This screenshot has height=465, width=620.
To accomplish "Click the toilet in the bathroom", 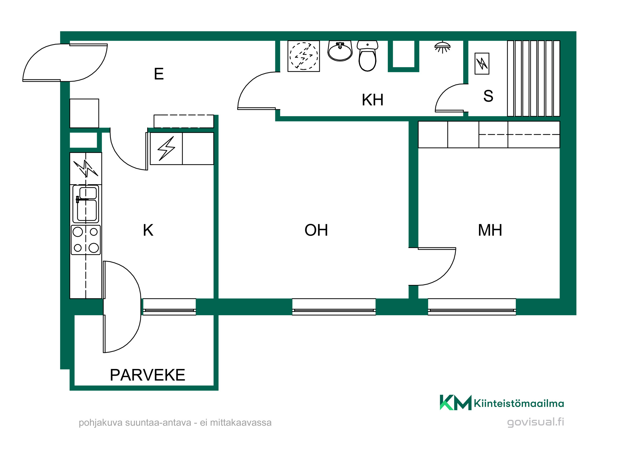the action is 367,56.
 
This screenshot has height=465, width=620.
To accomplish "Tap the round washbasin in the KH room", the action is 340,51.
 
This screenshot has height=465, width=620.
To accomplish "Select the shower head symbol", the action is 442,47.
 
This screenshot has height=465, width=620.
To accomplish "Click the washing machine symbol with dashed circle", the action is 303,56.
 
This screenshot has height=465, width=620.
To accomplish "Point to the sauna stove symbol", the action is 482,64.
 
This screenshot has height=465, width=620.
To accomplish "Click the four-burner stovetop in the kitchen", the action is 86,240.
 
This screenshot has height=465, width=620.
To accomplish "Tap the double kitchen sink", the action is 86,204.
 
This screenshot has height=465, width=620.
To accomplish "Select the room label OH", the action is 316,230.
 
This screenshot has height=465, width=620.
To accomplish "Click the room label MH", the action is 490,230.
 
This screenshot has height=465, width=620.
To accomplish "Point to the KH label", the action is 373,100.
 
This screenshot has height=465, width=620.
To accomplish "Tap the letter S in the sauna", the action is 488,96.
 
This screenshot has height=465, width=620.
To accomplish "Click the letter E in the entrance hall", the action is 159,74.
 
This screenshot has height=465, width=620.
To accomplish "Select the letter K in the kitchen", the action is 148,230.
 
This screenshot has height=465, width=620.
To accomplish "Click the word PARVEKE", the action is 148,375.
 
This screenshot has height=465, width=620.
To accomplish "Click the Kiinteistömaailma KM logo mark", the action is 455,402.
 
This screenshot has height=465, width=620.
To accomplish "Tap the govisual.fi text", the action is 535,422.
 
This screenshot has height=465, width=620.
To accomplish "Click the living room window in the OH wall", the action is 334,307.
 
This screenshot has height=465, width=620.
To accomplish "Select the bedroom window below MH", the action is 472,307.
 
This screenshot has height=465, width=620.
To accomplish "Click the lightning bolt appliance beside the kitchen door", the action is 166,148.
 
